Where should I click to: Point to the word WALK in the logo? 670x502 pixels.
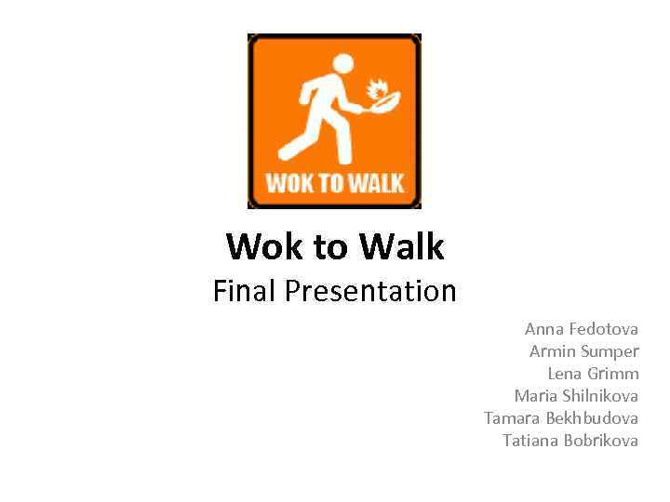pos(378,181)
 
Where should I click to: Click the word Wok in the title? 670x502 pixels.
pos(260,247)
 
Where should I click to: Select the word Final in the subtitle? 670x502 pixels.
pos(245,292)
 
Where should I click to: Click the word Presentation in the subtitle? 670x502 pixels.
pos(370,292)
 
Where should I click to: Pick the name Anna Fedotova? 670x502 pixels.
pos(582,329)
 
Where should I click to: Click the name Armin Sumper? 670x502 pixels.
pos(583,351)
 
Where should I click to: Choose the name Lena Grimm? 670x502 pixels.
pos(593,374)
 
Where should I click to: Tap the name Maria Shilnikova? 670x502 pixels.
pos(576,396)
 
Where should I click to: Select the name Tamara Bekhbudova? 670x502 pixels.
pos(561,418)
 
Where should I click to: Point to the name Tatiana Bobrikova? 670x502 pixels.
pos(570,441)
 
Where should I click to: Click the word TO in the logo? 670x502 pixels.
pos(332,181)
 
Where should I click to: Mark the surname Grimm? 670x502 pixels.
pos(613,374)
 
